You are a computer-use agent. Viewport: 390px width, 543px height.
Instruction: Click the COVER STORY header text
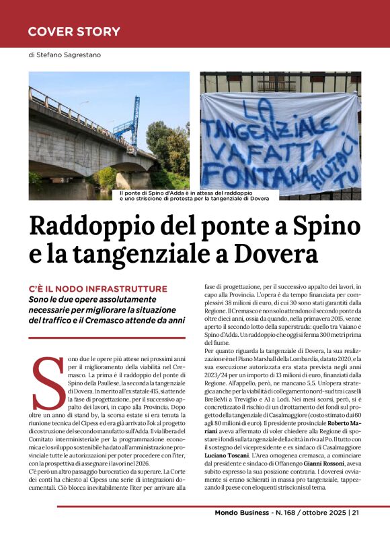(x=74, y=31)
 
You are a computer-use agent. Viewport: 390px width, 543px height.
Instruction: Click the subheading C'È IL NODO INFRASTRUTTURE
(x=98, y=288)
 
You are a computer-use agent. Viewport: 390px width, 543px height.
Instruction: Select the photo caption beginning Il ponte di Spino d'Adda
(x=193, y=195)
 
